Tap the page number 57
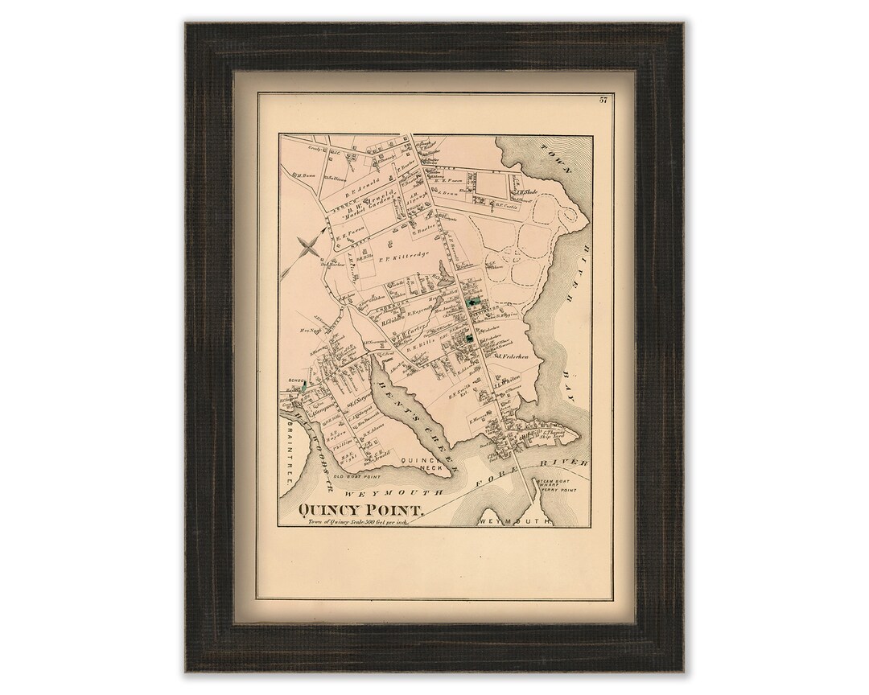[602, 100]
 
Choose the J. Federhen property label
[511, 355]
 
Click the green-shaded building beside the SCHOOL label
[304, 387]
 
